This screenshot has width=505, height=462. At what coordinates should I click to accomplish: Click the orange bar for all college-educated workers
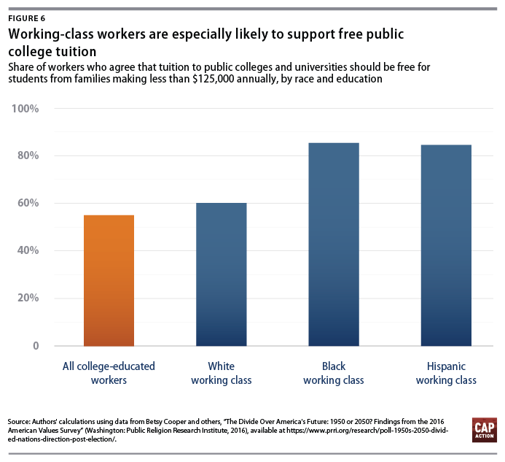point(109,280)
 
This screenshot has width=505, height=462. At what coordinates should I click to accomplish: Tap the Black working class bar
point(334,244)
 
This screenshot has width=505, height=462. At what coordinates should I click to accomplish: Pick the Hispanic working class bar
point(446,245)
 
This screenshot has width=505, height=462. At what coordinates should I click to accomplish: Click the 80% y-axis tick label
point(26,156)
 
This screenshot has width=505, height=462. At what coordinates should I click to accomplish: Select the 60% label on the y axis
point(26,203)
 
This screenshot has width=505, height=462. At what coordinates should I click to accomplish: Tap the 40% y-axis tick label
point(26,250)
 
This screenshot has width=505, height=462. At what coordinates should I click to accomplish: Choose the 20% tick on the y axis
point(26,298)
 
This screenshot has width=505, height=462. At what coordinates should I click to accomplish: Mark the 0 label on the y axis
point(35,345)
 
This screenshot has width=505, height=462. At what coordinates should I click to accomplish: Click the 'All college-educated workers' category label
point(109,373)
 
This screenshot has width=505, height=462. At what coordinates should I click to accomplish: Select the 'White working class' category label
point(221,373)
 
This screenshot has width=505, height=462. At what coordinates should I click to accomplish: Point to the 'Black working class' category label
point(333,373)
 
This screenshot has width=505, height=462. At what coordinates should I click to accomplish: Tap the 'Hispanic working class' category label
point(446,373)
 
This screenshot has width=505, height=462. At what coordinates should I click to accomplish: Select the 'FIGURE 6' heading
point(30,19)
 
